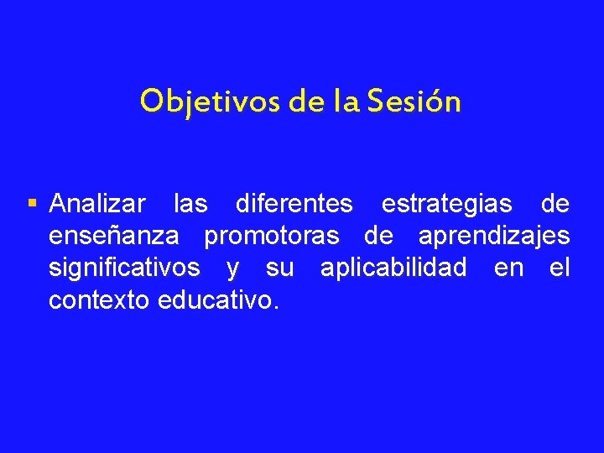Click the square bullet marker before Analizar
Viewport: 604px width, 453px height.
click(x=32, y=203)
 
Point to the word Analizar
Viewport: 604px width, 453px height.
click(x=97, y=204)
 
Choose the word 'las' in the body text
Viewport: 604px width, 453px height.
click(x=190, y=204)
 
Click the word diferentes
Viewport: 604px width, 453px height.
click(x=294, y=204)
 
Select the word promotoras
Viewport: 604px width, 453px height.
click(x=272, y=236)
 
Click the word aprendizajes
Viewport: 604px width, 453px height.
click(x=493, y=236)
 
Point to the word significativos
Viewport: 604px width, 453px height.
click(x=124, y=268)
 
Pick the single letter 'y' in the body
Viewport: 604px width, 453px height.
click(x=232, y=268)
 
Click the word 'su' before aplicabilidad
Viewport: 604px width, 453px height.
click(x=279, y=268)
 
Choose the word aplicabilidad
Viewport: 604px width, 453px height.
click(x=393, y=268)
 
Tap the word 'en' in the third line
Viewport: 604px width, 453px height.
click(x=508, y=268)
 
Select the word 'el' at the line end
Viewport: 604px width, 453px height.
click(x=560, y=268)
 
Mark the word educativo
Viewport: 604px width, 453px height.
click(x=216, y=299)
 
